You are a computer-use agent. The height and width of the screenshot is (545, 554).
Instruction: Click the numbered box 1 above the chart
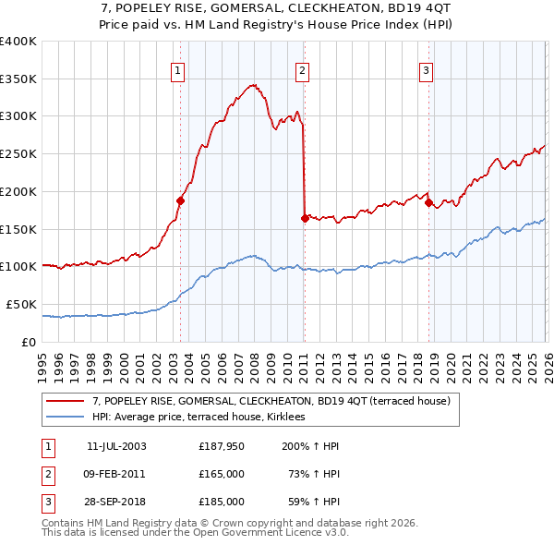(x=176, y=68)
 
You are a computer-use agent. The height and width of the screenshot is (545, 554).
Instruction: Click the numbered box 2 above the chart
(x=302, y=68)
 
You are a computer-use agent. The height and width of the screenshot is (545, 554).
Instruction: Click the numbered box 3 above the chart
(x=426, y=68)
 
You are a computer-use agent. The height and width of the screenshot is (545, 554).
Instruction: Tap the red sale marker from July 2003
(x=181, y=200)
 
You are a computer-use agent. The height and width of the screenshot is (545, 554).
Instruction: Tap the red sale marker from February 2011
(x=304, y=218)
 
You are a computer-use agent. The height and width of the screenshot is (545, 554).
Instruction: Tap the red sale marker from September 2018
(x=428, y=202)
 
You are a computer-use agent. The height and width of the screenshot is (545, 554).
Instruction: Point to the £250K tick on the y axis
(x=18, y=154)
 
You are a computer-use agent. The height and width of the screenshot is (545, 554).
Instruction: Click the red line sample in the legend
(x=66, y=401)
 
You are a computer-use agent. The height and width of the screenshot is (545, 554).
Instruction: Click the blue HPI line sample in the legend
(x=66, y=417)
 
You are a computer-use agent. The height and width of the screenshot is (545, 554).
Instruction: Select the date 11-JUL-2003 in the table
(x=115, y=446)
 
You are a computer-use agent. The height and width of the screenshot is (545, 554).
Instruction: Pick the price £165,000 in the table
(x=222, y=474)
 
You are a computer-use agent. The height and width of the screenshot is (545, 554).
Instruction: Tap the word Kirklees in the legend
(x=297, y=417)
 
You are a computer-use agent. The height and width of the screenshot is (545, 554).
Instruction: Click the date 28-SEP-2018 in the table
(x=115, y=502)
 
